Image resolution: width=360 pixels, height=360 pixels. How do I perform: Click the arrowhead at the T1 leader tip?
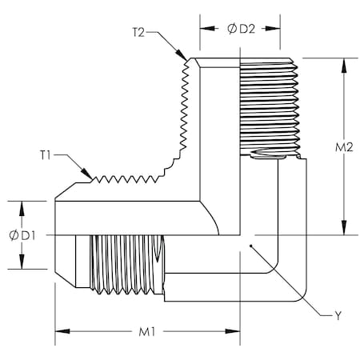[x=90, y=176]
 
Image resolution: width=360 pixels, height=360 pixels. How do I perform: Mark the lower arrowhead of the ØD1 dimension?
[x=22, y=266]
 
